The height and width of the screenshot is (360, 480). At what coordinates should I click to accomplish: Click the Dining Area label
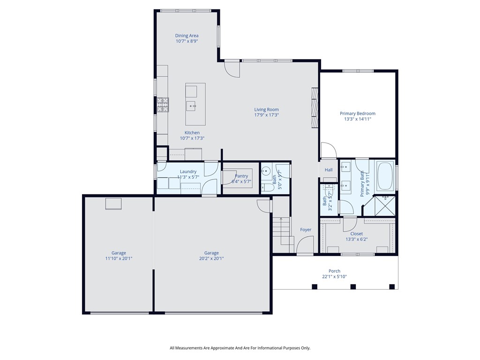point(187,36)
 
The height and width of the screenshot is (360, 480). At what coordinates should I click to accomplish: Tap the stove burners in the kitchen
point(162,105)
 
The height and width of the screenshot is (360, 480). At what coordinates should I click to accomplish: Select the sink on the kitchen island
point(191,106)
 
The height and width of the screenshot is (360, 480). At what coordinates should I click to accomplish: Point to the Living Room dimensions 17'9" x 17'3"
point(266,115)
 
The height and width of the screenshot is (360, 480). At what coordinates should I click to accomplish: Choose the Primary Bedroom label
point(357,113)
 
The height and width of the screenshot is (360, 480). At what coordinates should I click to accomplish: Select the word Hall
point(328,170)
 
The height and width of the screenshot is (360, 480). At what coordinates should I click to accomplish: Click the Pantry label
point(241,176)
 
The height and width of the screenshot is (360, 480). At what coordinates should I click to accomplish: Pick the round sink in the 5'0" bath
point(264,172)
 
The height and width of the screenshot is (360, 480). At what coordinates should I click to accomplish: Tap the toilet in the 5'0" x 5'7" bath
point(268,187)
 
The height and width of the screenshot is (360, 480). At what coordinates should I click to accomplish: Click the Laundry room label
point(188,172)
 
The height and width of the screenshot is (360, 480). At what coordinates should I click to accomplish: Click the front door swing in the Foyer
point(306,245)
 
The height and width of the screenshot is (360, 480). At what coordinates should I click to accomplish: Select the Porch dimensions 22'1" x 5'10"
point(334,277)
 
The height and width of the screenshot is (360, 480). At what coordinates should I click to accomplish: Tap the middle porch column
point(353,286)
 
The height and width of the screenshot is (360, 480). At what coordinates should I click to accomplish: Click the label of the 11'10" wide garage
point(119,253)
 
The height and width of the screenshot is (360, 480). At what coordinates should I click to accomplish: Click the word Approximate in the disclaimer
point(225,348)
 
